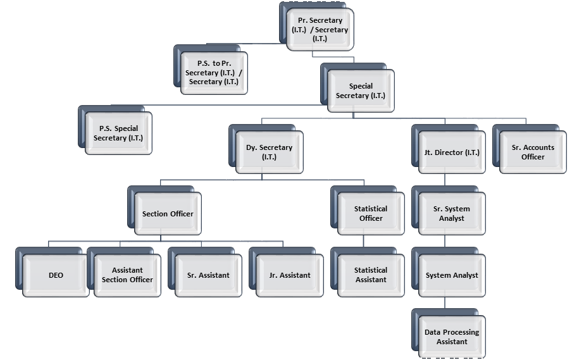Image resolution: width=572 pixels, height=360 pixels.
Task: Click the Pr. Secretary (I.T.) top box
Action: (x=320, y=30)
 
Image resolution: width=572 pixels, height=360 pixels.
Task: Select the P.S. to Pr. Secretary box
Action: (x=214, y=73)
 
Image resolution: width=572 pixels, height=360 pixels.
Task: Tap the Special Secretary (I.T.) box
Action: (x=361, y=90)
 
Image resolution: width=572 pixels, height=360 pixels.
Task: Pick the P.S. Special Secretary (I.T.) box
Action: (x=118, y=133)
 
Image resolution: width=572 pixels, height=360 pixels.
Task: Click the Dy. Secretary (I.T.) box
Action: (x=269, y=152)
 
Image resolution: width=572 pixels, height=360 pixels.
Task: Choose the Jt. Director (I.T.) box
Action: (x=452, y=152)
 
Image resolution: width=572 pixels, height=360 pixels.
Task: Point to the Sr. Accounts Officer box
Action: (x=533, y=152)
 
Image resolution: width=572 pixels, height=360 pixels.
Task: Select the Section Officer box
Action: (x=168, y=213)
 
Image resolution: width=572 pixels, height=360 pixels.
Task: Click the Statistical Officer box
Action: (x=371, y=213)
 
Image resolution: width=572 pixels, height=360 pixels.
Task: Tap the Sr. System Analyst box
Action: (x=452, y=213)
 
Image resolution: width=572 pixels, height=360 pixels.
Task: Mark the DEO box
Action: (x=56, y=275)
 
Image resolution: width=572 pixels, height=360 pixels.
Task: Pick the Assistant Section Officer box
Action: (x=127, y=275)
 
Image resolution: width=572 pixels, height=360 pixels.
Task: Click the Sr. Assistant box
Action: (x=208, y=275)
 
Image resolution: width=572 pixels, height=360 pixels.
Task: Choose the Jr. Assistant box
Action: (x=290, y=275)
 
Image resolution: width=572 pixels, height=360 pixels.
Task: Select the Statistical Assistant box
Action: (x=371, y=275)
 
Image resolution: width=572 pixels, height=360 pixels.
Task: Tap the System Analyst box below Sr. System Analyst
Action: (x=452, y=275)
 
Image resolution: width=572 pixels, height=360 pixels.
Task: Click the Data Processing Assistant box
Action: (x=452, y=337)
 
